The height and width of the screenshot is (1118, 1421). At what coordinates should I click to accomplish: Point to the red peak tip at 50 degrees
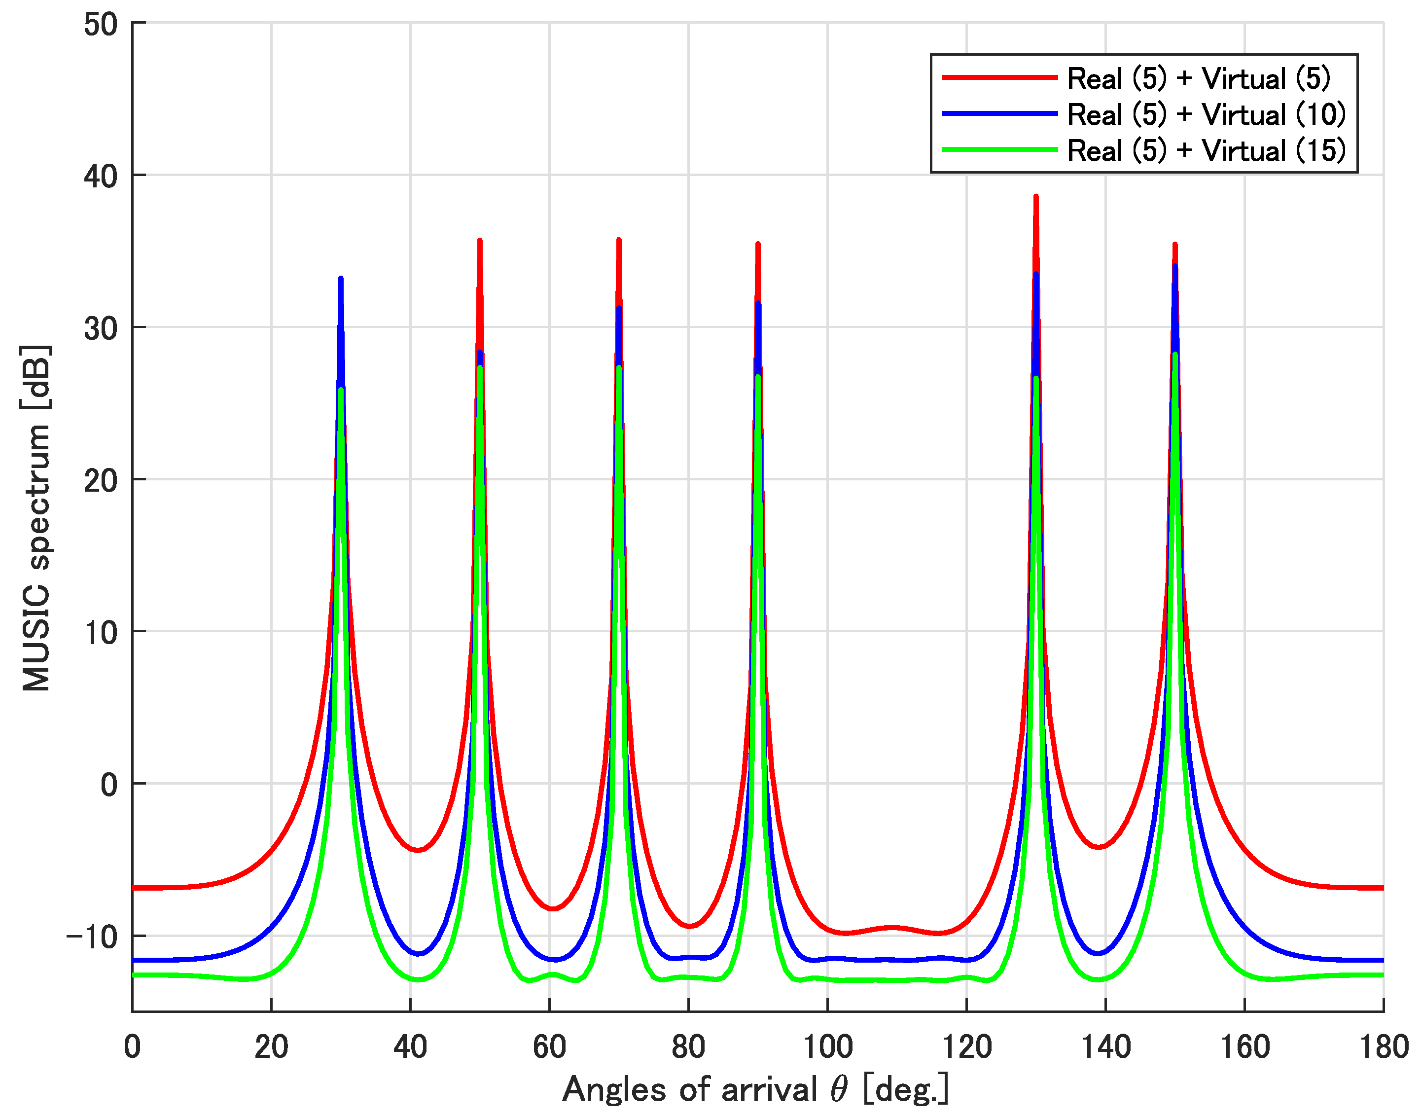click(480, 242)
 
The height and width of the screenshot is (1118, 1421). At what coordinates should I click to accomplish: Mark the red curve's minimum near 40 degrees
click(418, 850)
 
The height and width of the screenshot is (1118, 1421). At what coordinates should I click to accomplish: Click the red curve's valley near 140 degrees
click(1099, 848)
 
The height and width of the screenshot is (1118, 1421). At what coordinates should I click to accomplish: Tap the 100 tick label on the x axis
click(827, 1046)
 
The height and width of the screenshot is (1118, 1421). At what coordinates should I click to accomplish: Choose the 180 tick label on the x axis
click(1383, 1046)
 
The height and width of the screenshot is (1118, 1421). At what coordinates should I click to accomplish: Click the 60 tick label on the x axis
click(549, 1046)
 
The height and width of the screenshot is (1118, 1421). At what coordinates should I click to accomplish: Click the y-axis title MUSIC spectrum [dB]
click(36, 518)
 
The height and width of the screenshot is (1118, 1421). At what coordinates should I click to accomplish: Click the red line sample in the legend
click(999, 78)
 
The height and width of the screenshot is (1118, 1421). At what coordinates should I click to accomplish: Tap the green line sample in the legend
click(999, 150)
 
